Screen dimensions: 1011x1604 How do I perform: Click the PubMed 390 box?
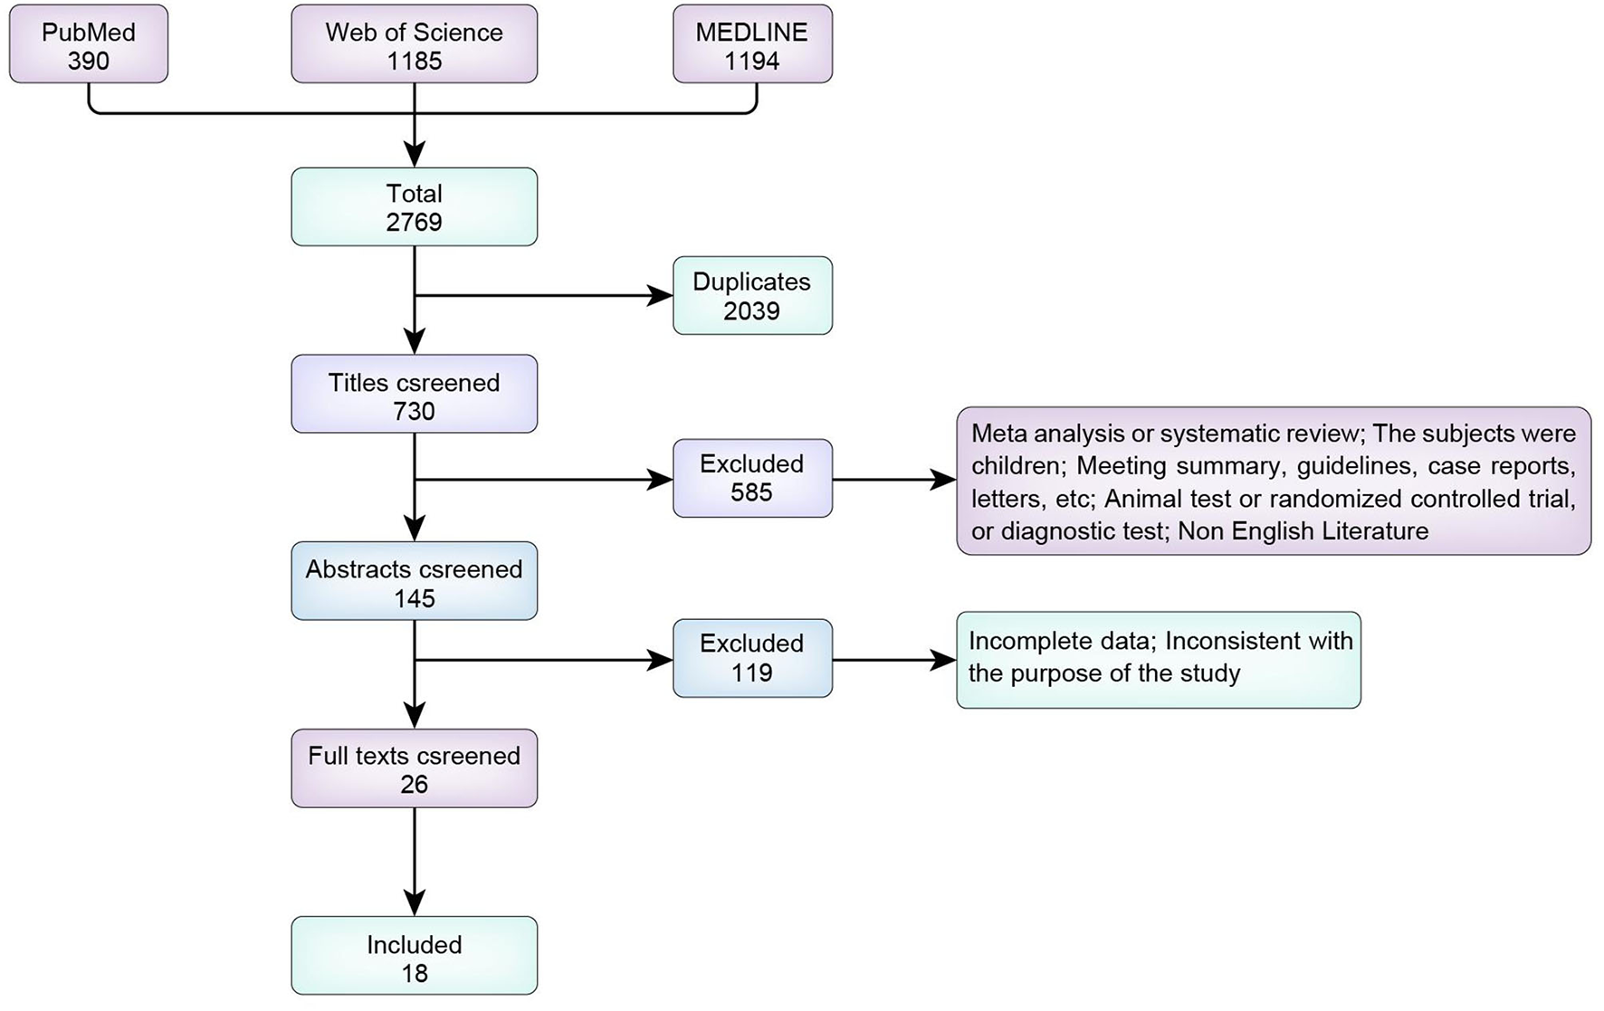(88, 44)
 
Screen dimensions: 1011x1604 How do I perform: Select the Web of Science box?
(414, 44)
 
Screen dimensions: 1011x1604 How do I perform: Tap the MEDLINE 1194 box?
(751, 44)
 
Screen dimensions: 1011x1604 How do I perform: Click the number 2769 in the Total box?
(414, 223)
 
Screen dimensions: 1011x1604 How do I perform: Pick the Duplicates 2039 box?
(751, 296)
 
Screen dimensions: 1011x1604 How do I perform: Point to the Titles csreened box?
(414, 395)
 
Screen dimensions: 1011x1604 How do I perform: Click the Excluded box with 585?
(751, 479)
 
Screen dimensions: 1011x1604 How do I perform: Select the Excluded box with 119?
(751, 659)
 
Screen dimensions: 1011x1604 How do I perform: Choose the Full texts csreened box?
(414, 768)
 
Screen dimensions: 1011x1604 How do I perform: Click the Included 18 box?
(414, 957)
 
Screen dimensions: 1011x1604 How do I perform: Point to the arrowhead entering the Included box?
(414, 902)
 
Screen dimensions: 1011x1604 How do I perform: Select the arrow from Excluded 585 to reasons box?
(892, 480)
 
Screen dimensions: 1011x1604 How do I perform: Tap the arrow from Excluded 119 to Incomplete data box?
(892, 660)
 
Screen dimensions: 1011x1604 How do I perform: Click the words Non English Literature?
(1303, 531)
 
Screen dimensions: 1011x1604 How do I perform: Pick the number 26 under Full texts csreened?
(414, 785)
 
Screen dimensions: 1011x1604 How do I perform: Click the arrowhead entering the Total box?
(414, 154)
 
